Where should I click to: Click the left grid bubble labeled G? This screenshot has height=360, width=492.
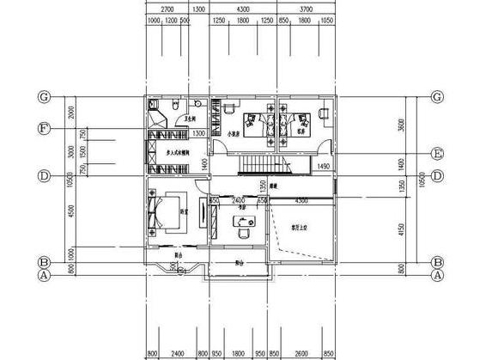point(41,95)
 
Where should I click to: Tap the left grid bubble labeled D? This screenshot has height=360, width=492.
point(41,176)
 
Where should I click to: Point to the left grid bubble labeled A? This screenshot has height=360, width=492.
point(41,276)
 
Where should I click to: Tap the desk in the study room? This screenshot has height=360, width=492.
point(243,224)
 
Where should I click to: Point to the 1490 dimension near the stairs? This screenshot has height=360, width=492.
point(323,165)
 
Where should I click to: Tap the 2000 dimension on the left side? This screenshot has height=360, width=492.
point(74,112)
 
